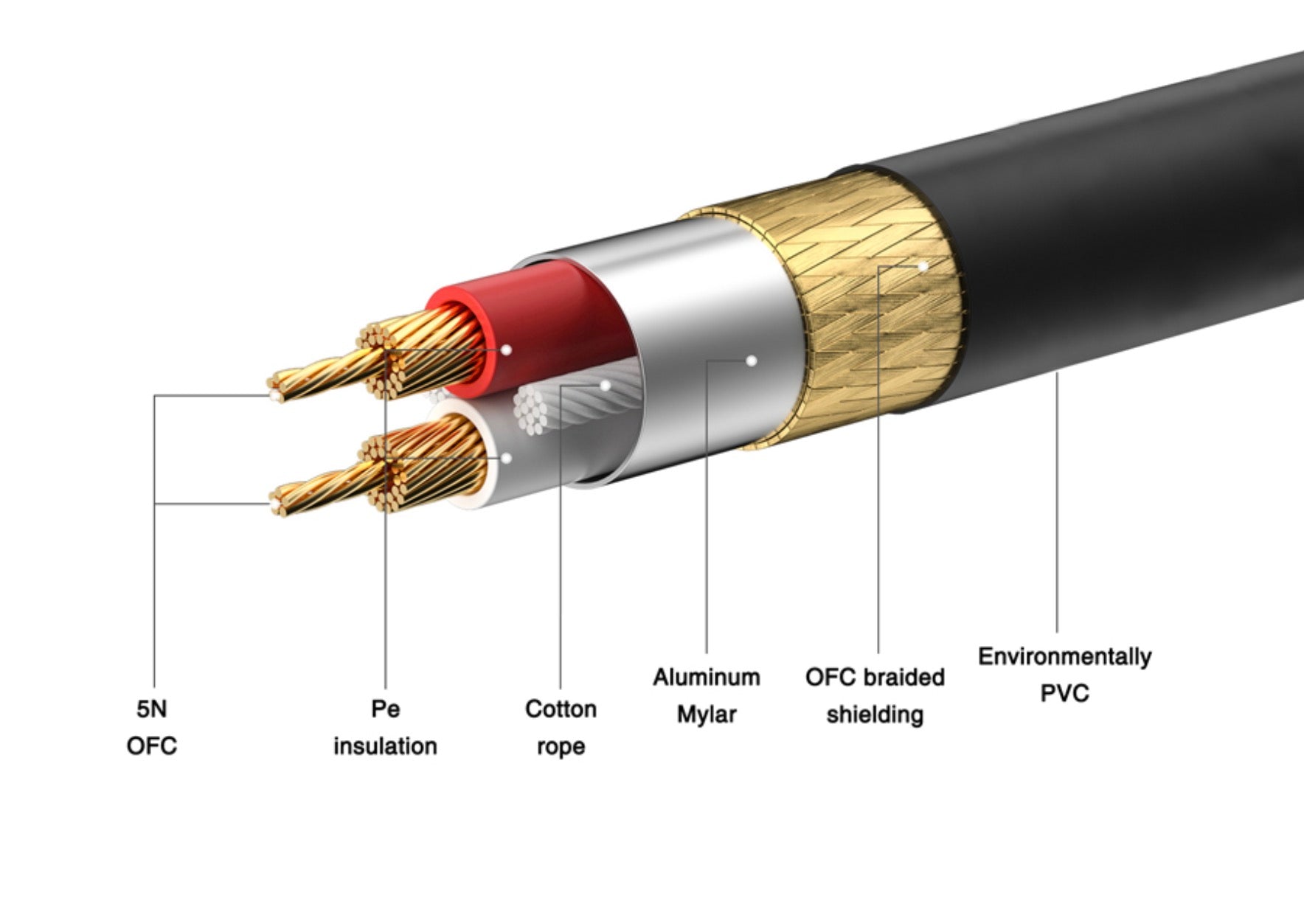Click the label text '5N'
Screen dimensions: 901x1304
(x=152, y=709)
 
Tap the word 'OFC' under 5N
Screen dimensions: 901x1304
(x=152, y=745)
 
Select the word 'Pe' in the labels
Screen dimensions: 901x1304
(x=385, y=709)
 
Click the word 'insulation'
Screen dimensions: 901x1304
(x=385, y=745)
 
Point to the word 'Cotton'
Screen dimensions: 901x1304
(x=561, y=709)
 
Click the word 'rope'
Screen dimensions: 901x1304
(x=561, y=746)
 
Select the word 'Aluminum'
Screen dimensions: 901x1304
(x=706, y=677)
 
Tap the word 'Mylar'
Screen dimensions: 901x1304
(x=706, y=714)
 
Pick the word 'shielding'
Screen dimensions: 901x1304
(x=875, y=714)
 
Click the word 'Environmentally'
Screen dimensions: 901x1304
(x=1064, y=656)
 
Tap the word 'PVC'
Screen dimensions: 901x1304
(x=1064, y=693)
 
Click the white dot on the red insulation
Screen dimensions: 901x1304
(x=506, y=349)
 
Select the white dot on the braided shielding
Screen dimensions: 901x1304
(x=923, y=266)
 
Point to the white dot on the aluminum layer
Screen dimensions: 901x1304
(x=751, y=361)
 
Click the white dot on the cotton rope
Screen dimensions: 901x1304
(x=606, y=385)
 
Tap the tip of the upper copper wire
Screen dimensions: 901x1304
(x=275, y=395)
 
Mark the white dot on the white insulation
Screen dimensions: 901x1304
(x=506, y=458)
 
